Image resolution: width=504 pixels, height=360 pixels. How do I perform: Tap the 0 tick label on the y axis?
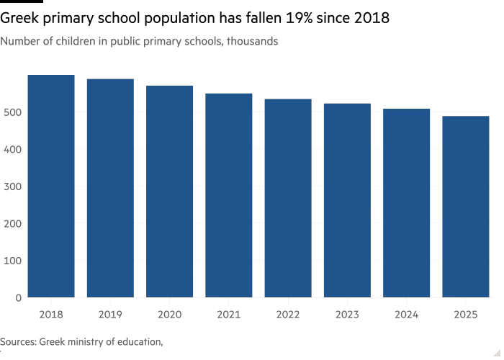point(17,297)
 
